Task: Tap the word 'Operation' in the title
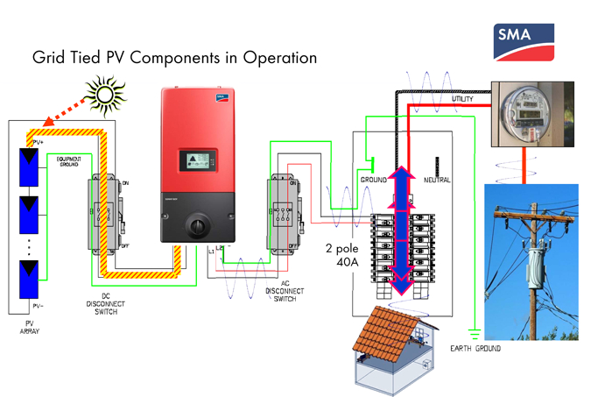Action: pyautogui.click(x=271, y=59)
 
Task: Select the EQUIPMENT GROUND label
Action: pyautogui.click(x=71, y=162)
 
